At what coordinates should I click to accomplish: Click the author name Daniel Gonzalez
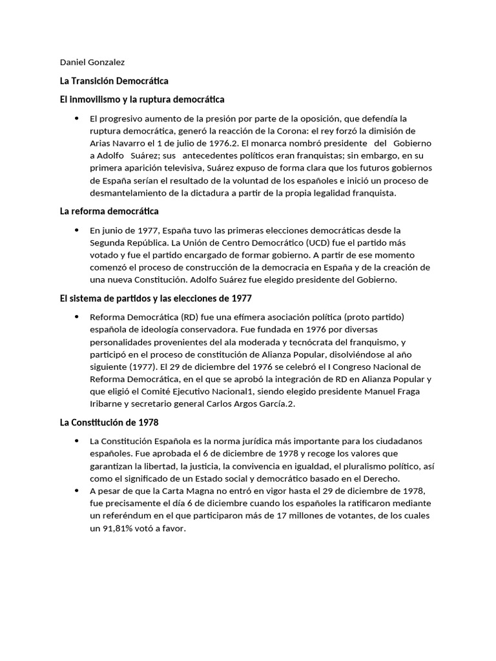(x=92, y=63)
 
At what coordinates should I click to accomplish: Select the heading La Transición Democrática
(x=114, y=81)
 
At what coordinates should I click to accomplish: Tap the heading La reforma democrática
(x=108, y=211)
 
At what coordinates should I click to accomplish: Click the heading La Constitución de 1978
(x=108, y=422)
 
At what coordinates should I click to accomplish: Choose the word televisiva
(x=174, y=168)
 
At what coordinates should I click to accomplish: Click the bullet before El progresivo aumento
(x=77, y=118)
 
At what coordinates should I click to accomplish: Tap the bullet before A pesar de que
(x=77, y=491)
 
